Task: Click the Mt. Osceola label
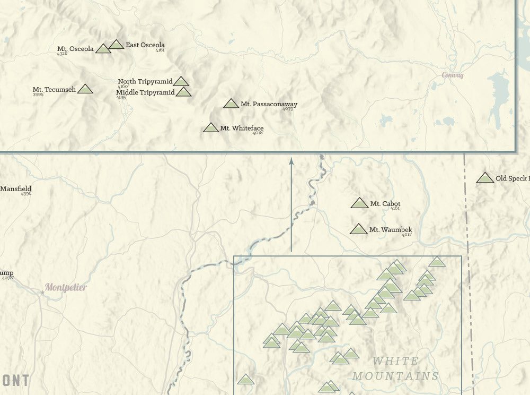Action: point(76,49)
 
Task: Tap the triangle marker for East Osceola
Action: point(116,45)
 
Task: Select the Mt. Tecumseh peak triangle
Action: point(85,89)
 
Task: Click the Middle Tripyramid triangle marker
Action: point(183,92)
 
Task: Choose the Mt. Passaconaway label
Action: point(269,104)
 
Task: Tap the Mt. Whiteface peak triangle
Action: point(211,128)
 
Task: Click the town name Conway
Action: point(453,75)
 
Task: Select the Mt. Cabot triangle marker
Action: point(359,203)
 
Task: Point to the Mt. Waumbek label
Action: point(390,230)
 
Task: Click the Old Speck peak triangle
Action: point(485,178)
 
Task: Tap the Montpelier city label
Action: point(66,287)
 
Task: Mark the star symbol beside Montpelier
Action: point(42,292)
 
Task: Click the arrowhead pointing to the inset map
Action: point(291,160)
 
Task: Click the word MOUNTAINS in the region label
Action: point(396,376)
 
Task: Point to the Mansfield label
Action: point(16,188)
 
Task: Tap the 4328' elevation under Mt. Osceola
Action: point(63,54)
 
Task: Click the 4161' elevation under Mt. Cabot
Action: point(395,209)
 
